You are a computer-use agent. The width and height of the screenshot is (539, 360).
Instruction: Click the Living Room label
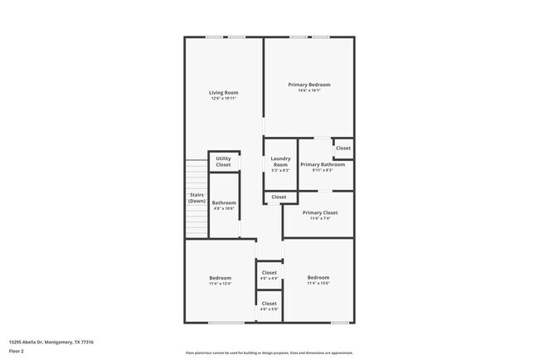[223, 92]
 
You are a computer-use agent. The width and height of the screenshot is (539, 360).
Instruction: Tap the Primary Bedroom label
[309, 85]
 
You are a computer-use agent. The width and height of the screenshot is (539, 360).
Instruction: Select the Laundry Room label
[280, 162]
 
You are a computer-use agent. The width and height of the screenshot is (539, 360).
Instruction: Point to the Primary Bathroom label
[323, 164]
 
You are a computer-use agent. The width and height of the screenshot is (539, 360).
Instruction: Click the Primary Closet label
[319, 212]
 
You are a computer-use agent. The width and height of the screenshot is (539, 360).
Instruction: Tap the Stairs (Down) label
[197, 198]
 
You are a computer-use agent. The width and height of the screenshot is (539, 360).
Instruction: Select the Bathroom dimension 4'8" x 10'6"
[224, 208]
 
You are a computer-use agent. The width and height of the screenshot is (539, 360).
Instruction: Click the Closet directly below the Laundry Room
[279, 197]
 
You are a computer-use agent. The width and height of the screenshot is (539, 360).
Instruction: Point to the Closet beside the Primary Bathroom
[342, 148]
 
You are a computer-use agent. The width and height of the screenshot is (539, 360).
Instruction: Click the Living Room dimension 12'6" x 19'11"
[223, 98]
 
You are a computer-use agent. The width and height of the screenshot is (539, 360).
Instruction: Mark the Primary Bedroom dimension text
[309, 90]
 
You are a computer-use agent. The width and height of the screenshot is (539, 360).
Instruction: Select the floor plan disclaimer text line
[269, 352]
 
